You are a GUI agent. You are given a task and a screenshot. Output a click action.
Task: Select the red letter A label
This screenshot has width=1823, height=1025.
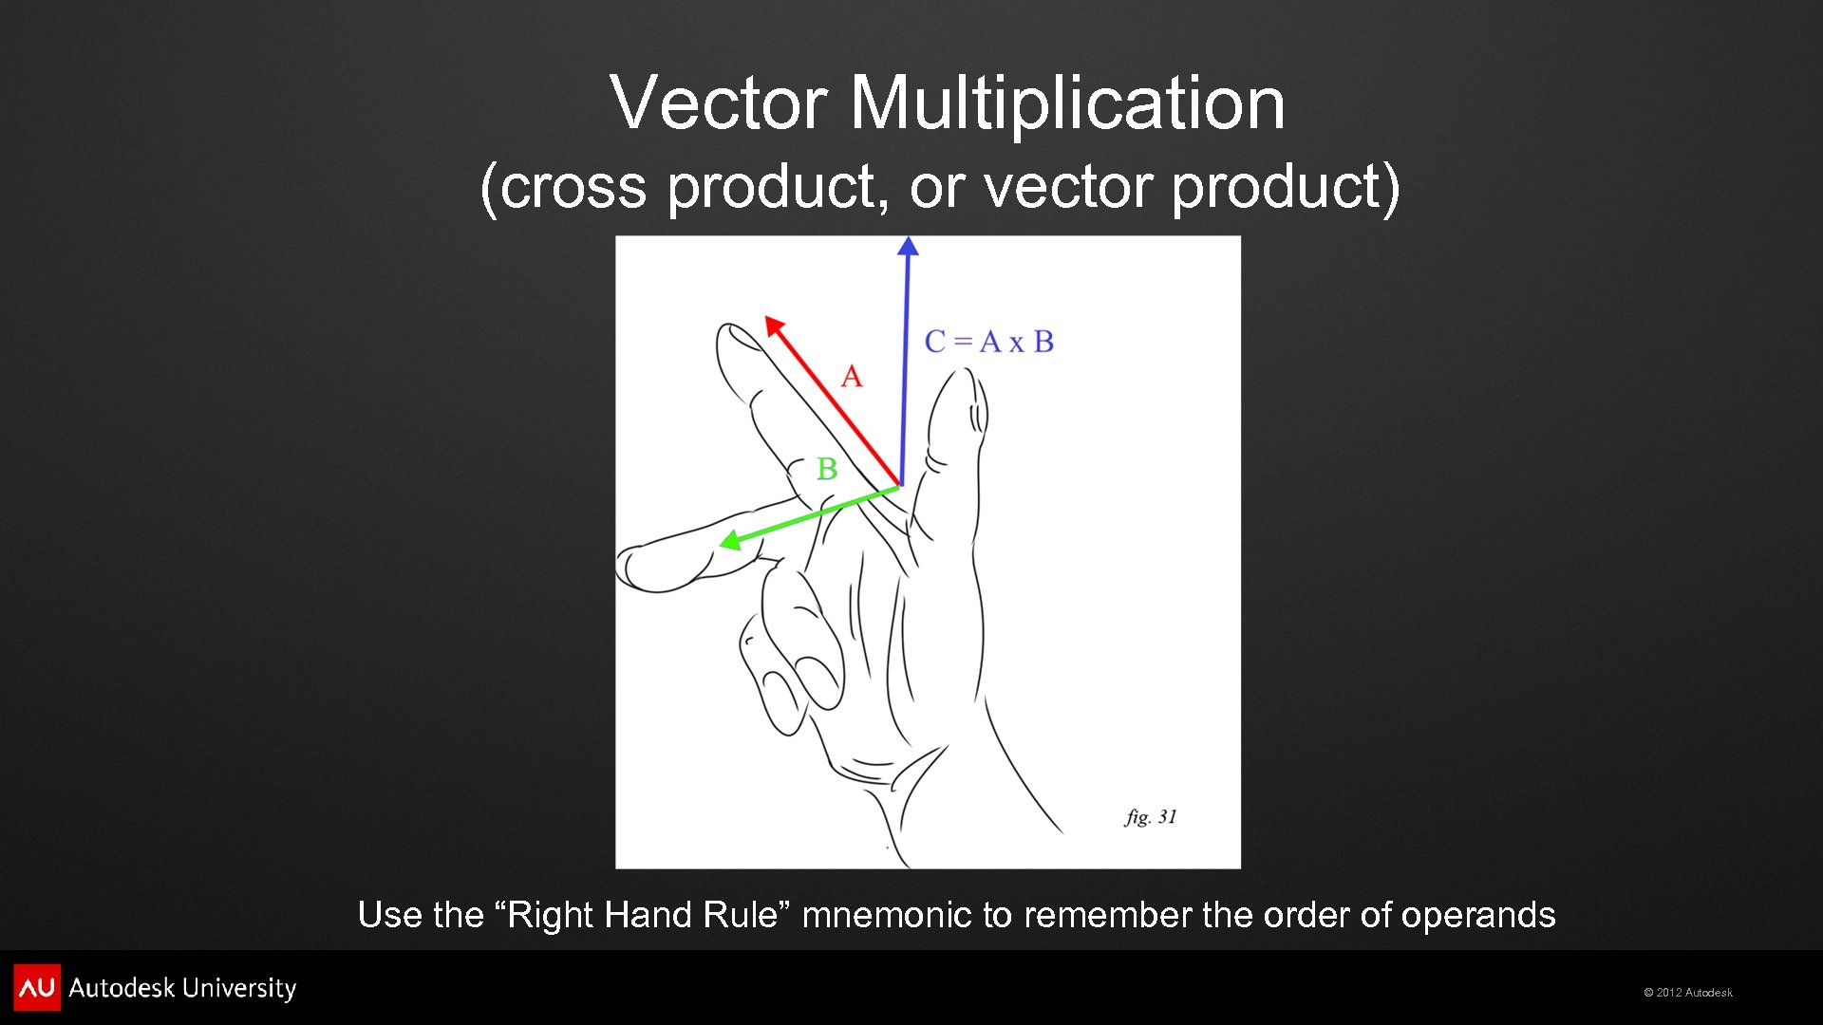[x=852, y=377]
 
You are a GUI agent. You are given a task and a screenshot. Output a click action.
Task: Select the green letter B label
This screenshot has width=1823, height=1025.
[x=827, y=469]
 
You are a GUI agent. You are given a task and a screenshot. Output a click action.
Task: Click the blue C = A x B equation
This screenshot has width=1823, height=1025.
[x=989, y=342]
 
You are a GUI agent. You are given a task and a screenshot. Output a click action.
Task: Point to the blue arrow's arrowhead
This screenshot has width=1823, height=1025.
[x=908, y=247]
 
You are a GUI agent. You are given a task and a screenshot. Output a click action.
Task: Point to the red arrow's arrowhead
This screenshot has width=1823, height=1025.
[x=774, y=326]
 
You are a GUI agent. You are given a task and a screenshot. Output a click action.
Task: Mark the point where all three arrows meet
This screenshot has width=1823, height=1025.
[x=900, y=487]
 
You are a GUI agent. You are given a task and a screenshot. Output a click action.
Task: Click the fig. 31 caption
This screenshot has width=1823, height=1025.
[x=1151, y=817]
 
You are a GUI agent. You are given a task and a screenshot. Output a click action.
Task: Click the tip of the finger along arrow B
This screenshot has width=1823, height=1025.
[x=629, y=568]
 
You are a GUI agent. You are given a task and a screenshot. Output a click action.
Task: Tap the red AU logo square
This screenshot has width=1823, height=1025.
[x=37, y=988]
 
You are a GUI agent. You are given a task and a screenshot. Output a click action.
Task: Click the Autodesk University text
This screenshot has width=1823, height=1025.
[x=182, y=988]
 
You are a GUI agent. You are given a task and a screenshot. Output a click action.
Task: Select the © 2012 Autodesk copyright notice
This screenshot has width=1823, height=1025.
[x=1687, y=993]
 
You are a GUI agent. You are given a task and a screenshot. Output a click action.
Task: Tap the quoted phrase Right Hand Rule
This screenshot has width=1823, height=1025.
[x=643, y=915]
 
